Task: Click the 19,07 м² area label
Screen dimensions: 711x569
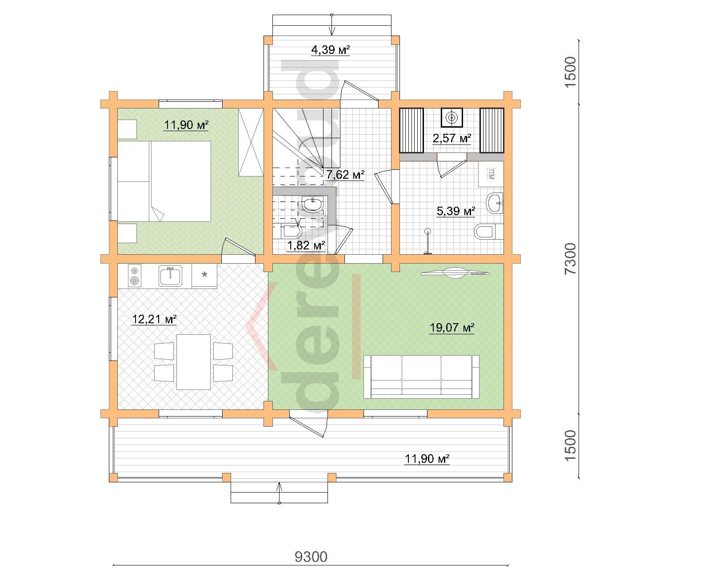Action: pos(451,328)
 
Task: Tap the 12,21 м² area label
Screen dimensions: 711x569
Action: pos(154,319)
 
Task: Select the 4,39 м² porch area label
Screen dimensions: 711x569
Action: pos(330,50)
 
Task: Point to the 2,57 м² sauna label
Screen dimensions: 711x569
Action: pos(451,138)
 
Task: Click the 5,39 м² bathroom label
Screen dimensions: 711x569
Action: pos(456,211)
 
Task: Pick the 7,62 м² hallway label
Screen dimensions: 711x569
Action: pos(345,174)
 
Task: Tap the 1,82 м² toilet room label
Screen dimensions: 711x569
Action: pos(306,245)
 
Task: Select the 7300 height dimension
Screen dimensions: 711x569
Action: pos(571,259)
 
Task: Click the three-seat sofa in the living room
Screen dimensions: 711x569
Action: pos(421,377)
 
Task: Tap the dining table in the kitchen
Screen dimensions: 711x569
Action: pos(193,362)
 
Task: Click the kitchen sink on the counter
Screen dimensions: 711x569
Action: pos(170,276)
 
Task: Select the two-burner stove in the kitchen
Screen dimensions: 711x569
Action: pos(135,276)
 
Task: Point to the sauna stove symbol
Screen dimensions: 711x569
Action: pos(451,117)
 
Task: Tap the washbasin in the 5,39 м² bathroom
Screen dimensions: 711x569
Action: pos(495,203)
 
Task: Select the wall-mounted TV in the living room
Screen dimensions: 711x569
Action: pos(456,272)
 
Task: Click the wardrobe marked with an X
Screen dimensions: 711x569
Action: pos(251,143)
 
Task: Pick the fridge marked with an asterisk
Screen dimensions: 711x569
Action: pos(204,276)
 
